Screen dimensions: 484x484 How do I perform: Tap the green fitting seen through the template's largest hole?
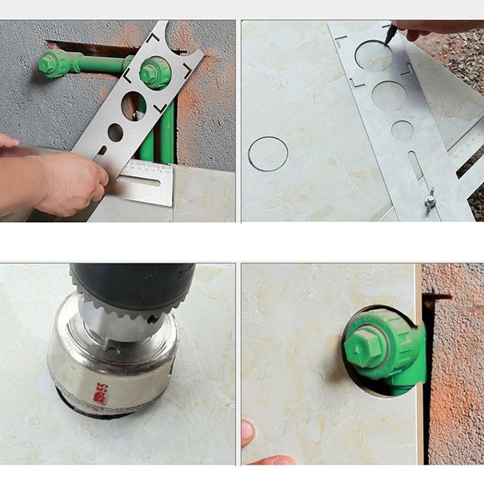155,72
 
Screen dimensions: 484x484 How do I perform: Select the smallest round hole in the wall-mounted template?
115,132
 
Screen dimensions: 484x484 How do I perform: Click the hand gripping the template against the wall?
67,181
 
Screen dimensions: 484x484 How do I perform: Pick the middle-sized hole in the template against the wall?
134,105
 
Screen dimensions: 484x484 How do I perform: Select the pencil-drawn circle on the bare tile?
268,154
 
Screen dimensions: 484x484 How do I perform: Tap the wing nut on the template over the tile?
430,200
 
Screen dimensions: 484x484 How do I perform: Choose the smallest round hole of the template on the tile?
402,130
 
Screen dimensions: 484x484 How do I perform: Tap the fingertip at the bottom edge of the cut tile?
248,433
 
